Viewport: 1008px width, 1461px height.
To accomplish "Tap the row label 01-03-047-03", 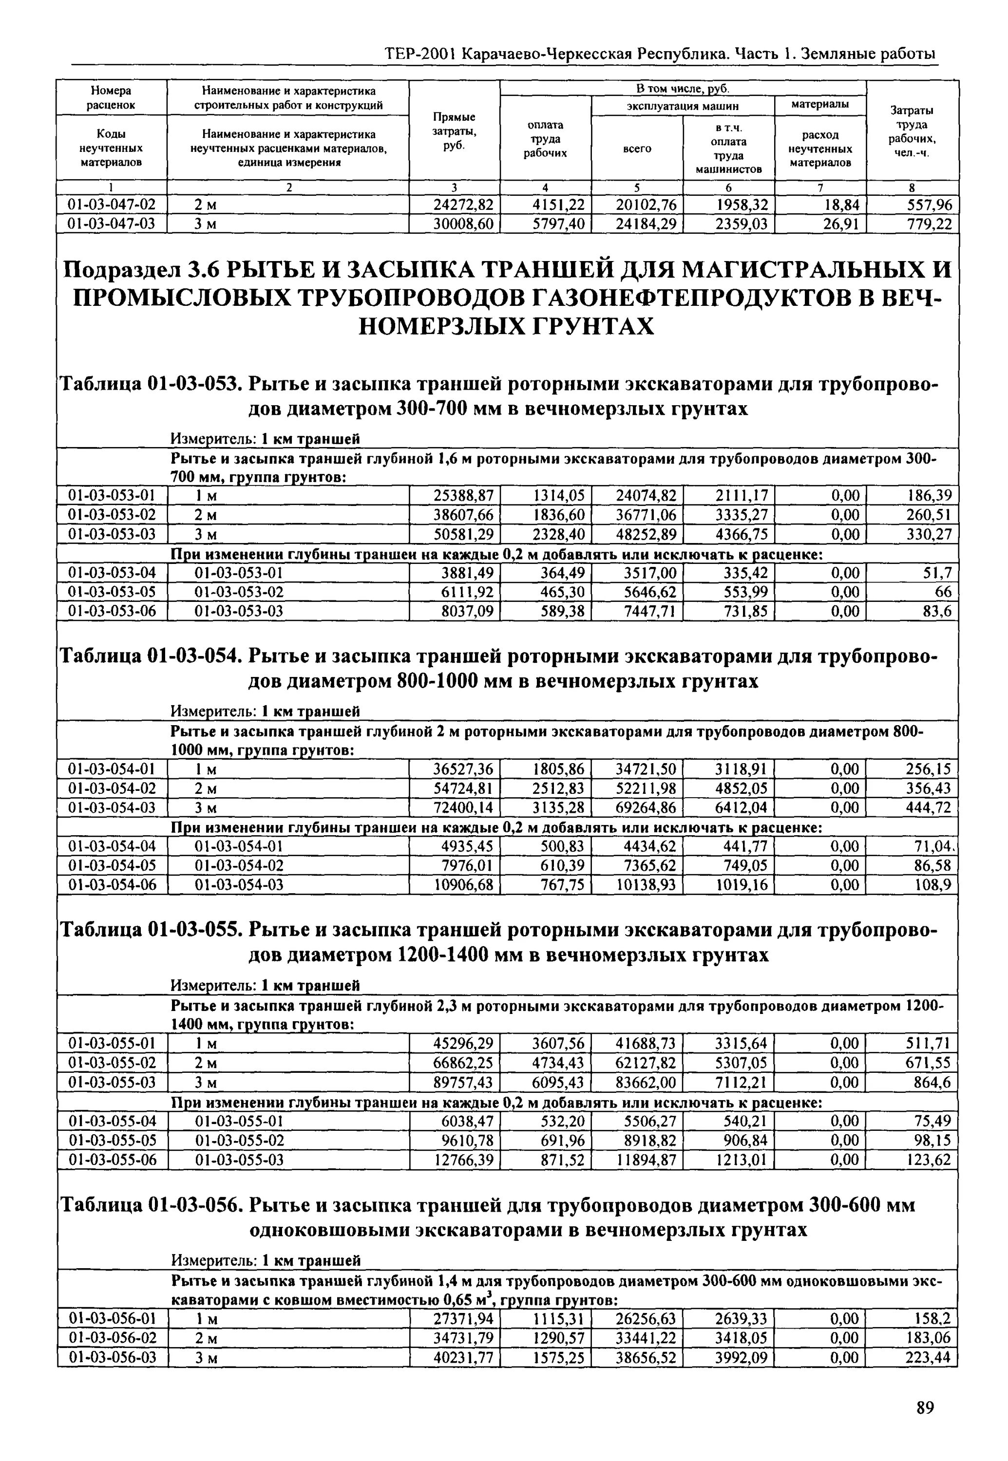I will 112,224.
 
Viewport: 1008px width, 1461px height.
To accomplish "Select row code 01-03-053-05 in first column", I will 112,592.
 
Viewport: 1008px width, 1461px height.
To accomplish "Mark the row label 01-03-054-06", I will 112,885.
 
